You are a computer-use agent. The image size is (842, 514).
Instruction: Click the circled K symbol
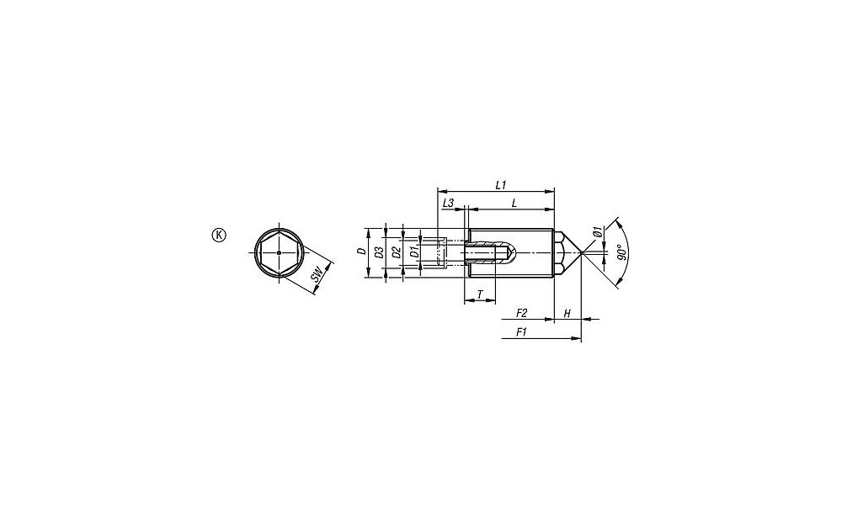point(219,235)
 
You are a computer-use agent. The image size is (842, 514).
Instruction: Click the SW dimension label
point(317,276)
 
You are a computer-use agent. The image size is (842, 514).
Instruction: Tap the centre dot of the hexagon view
point(279,252)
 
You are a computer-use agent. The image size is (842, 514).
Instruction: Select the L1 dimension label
point(500,185)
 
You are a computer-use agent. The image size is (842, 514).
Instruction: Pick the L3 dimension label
point(449,204)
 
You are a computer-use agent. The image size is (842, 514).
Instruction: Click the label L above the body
point(514,204)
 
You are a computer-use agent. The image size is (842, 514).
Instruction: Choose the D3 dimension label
point(379,252)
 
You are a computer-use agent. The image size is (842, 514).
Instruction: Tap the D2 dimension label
point(396,252)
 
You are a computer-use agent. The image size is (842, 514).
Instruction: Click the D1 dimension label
point(413,252)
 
